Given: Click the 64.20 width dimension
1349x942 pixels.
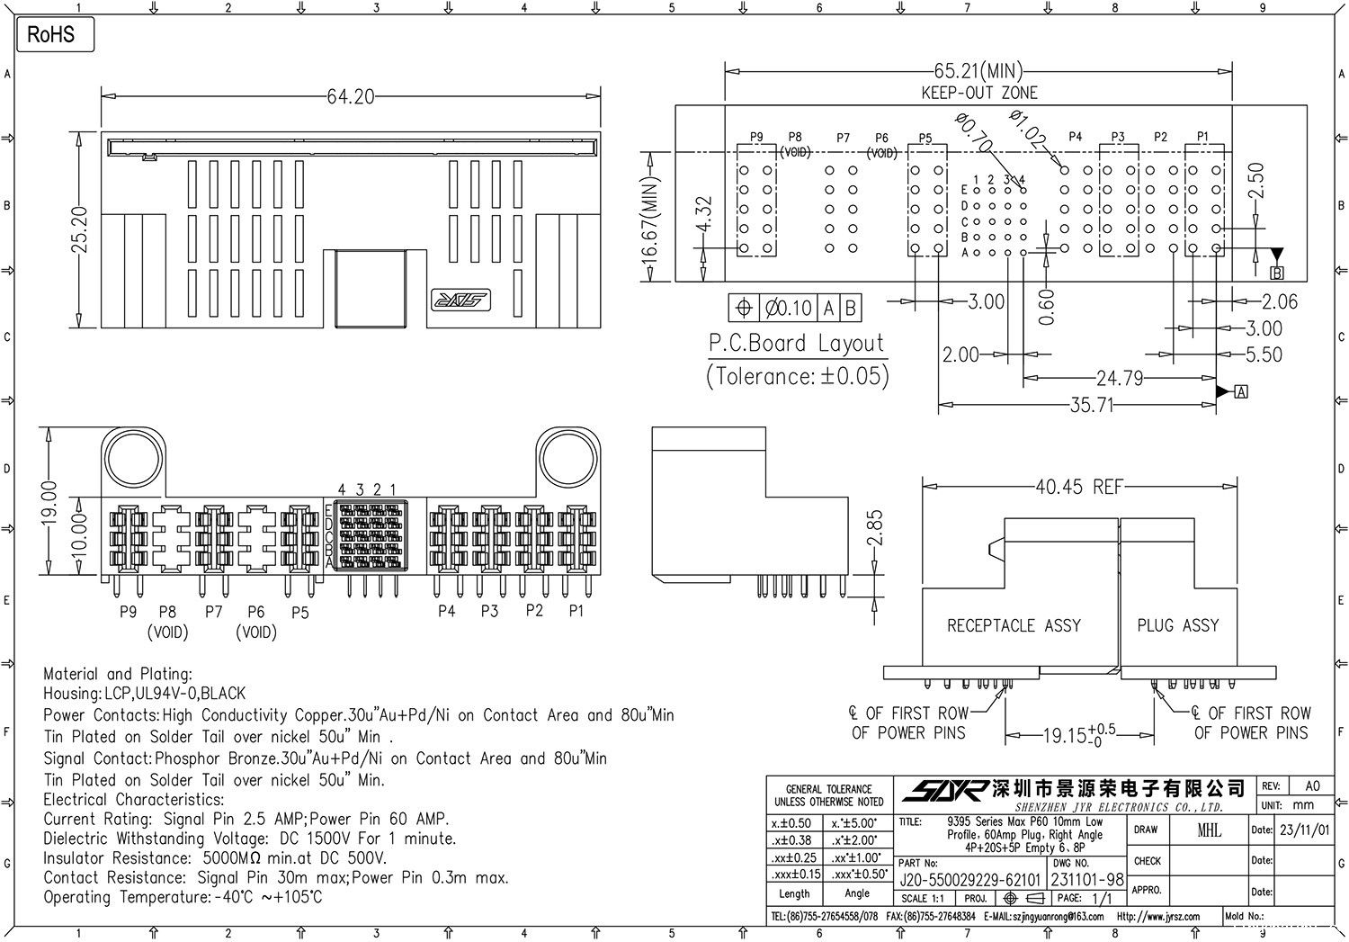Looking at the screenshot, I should pos(350,96).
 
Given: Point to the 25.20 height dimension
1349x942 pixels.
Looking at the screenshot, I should pos(80,230).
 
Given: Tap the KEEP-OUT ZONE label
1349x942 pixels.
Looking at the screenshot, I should pos(979,93).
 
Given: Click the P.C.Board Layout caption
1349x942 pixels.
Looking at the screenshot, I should pos(797,344).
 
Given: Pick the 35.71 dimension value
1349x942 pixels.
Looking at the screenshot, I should pos(1091,406).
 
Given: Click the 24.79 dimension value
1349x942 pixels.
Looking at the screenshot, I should pos(1119,379).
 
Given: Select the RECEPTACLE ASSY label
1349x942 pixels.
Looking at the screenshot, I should pos(1014,625).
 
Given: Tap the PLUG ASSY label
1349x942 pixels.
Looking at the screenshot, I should pos(1177,625).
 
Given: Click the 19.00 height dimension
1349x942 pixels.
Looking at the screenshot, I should pos(49,502).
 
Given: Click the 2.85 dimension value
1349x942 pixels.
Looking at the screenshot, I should pos(873,528).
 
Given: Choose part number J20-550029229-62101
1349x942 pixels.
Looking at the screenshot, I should pos(969,880).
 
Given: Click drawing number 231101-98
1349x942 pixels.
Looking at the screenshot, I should pos(1087,880).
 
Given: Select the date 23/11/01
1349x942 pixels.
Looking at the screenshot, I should pos(1303,830).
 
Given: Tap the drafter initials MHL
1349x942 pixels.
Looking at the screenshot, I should pos(1209,830).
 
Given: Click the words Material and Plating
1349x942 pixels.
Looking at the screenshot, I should pos(117,674).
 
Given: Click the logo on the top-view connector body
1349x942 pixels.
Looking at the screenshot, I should pos(460,300).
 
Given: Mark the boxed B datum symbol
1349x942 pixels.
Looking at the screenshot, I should pos(1276,273).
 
